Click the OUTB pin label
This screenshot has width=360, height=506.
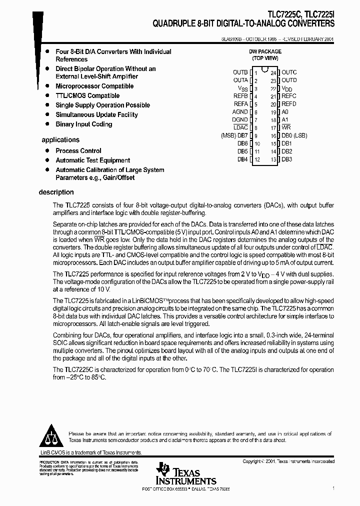pos(240,72)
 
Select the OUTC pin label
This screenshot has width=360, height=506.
pos(289,72)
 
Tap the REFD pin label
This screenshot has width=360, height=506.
pos(288,104)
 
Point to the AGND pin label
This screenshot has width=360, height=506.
pos(240,112)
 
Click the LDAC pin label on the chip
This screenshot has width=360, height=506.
pos(240,127)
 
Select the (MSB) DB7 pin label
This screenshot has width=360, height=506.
pos(234,135)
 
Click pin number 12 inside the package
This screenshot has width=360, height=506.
pos(257,159)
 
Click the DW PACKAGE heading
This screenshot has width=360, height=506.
pos(265,51)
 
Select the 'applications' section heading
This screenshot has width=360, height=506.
pos(60,140)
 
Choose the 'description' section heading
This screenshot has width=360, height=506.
pos(56,192)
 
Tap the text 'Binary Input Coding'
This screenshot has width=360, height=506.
pos(83,124)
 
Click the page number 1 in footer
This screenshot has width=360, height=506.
pos(333,487)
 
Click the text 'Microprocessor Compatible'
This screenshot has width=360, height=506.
pos(94,86)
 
